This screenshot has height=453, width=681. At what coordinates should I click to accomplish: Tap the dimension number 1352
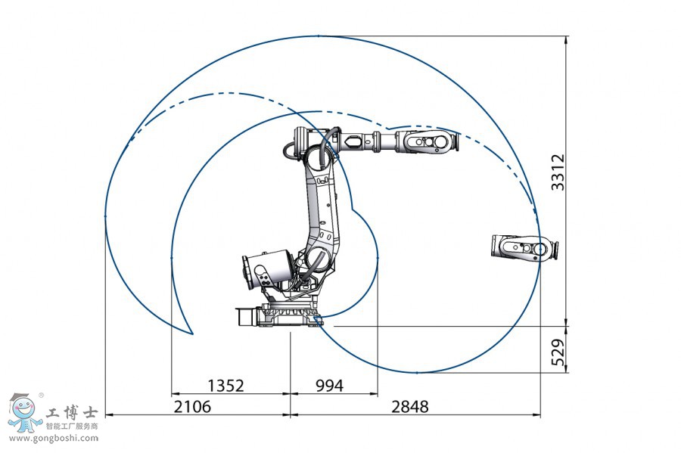(225, 386)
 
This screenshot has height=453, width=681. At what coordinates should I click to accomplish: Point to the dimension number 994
(328, 386)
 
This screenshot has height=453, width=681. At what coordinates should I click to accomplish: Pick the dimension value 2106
(192, 407)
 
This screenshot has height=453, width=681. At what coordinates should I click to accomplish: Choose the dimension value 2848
(410, 407)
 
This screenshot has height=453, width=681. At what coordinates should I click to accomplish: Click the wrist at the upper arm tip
(429, 141)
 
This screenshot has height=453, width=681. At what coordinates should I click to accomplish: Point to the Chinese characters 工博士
(73, 413)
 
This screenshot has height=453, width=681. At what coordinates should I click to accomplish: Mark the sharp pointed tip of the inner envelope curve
(193, 333)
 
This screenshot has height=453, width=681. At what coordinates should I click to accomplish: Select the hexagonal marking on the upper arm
(353, 141)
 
